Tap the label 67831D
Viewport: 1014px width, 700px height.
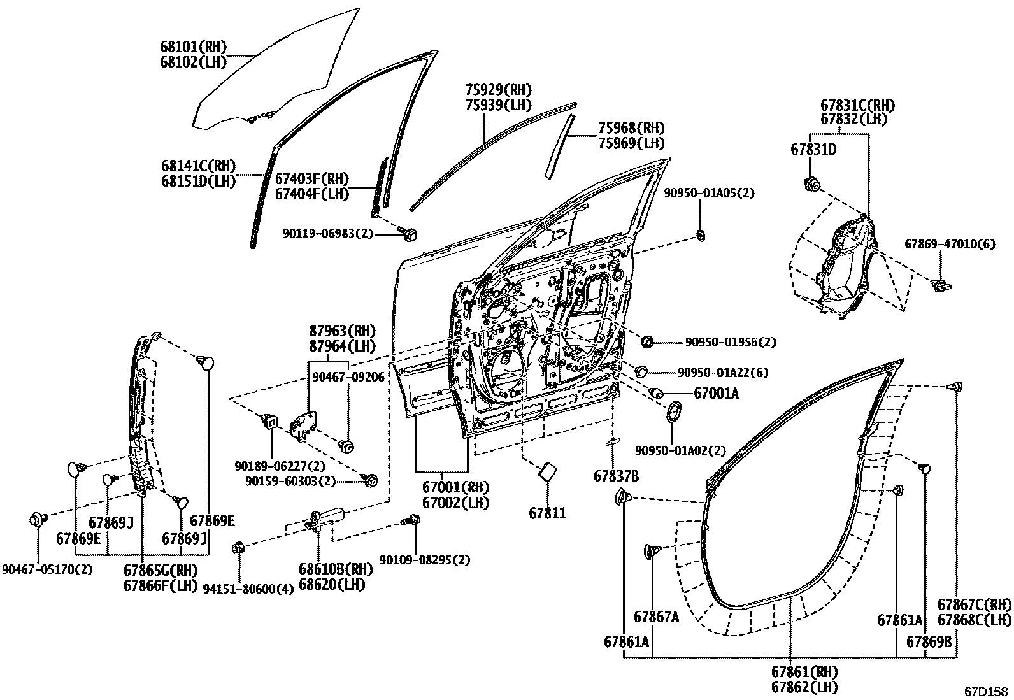click(x=813, y=150)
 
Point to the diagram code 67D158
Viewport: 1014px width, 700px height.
click(x=985, y=691)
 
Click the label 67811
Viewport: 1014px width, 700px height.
click(x=547, y=513)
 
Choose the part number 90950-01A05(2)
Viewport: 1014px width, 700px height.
click(x=709, y=193)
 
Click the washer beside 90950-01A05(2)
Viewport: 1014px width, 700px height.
click(x=701, y=236)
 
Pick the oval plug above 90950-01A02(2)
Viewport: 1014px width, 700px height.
click(x=673, y=412)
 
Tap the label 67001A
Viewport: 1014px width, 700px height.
click(x=716, y=394)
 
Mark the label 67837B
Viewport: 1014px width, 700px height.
click(x=616, y=476)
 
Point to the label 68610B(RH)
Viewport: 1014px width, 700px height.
click(x=336, y=569)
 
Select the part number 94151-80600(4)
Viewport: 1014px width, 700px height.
click(x=248, y=589)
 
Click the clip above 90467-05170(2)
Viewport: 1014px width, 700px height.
click(x=38, y=520)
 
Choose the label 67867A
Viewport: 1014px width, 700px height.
click(x=656, y=617)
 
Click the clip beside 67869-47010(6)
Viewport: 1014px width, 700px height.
click(x=939, y=283)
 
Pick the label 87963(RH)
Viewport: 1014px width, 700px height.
click(x=342, y=331)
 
